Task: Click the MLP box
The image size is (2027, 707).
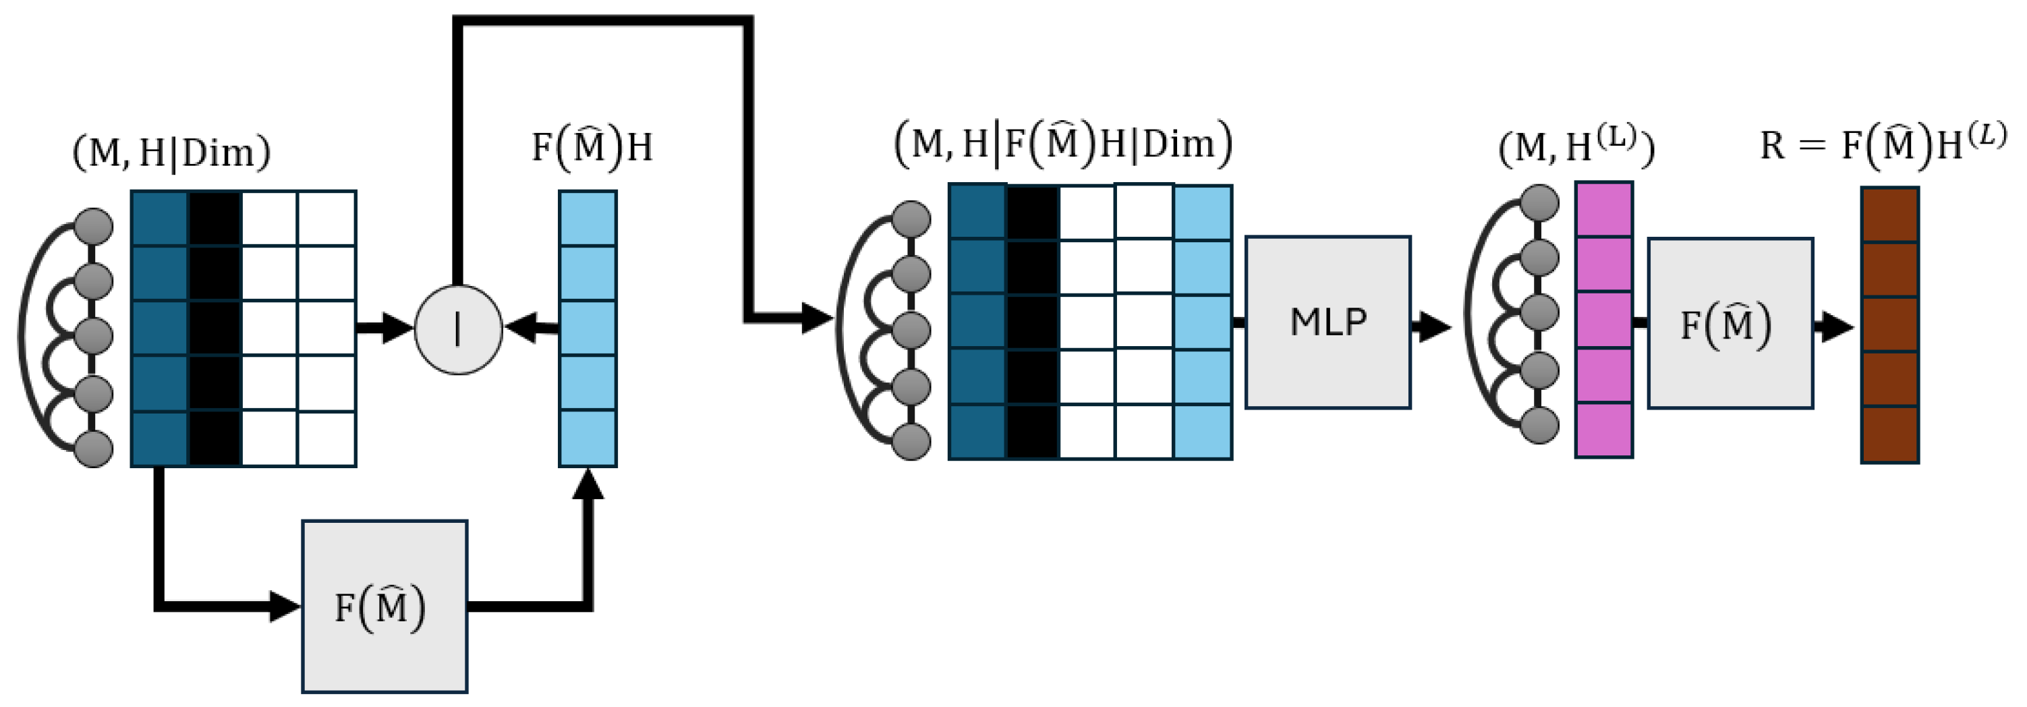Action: click(x=1327, y=322)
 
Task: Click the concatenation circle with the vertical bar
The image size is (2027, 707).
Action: click(x=458, y=329)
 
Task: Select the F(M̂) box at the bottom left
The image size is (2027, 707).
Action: click(x=384, y=606)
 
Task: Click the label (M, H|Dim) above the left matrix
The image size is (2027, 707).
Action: click(x=171, y=152)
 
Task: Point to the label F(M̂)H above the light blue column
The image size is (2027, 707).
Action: click(x=592, y=147)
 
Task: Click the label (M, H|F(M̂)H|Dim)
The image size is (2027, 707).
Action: click(x=1063, y=144)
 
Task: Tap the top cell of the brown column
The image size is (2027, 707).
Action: click(x=1889, y=215)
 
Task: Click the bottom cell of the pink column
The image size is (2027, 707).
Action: click(x=1603, y=430)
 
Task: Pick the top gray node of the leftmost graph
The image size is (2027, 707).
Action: click(x=94, y=227)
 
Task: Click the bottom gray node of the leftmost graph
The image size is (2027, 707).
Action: click(x=94, y=449)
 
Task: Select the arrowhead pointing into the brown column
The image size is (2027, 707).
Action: click(x=1839, y=326)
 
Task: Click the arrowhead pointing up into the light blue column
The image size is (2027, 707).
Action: click(x=588, y=484)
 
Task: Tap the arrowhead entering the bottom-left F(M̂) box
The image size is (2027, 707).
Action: click(x=285, y=606)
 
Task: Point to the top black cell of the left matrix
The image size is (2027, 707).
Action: click(x=214, y=218)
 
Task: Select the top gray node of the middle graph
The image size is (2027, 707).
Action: click(x=911, y=219)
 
